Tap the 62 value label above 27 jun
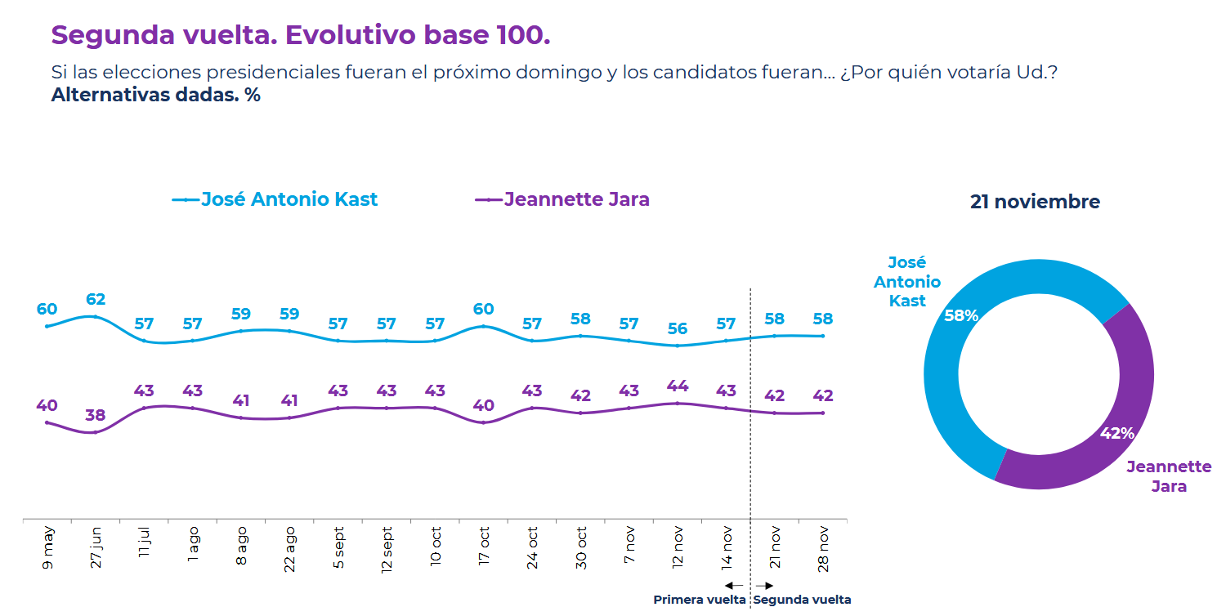click(x=96, y=300)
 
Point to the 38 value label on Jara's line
click(x=96, y=415)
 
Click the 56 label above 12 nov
click(x=678, y=329)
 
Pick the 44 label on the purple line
click(x=678, y=386)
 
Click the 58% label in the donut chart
click(x=961, y=315)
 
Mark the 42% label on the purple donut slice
click(x=1117, y=434)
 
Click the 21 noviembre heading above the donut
click(x=1035, y=202)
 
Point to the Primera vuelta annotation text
click(x=700, y=600)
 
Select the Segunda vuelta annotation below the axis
click(x=802, y=600)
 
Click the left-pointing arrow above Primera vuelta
click(x=733, y=585)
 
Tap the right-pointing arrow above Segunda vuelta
click(x=765, y=585)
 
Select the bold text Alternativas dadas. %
click(x=155, y=95)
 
